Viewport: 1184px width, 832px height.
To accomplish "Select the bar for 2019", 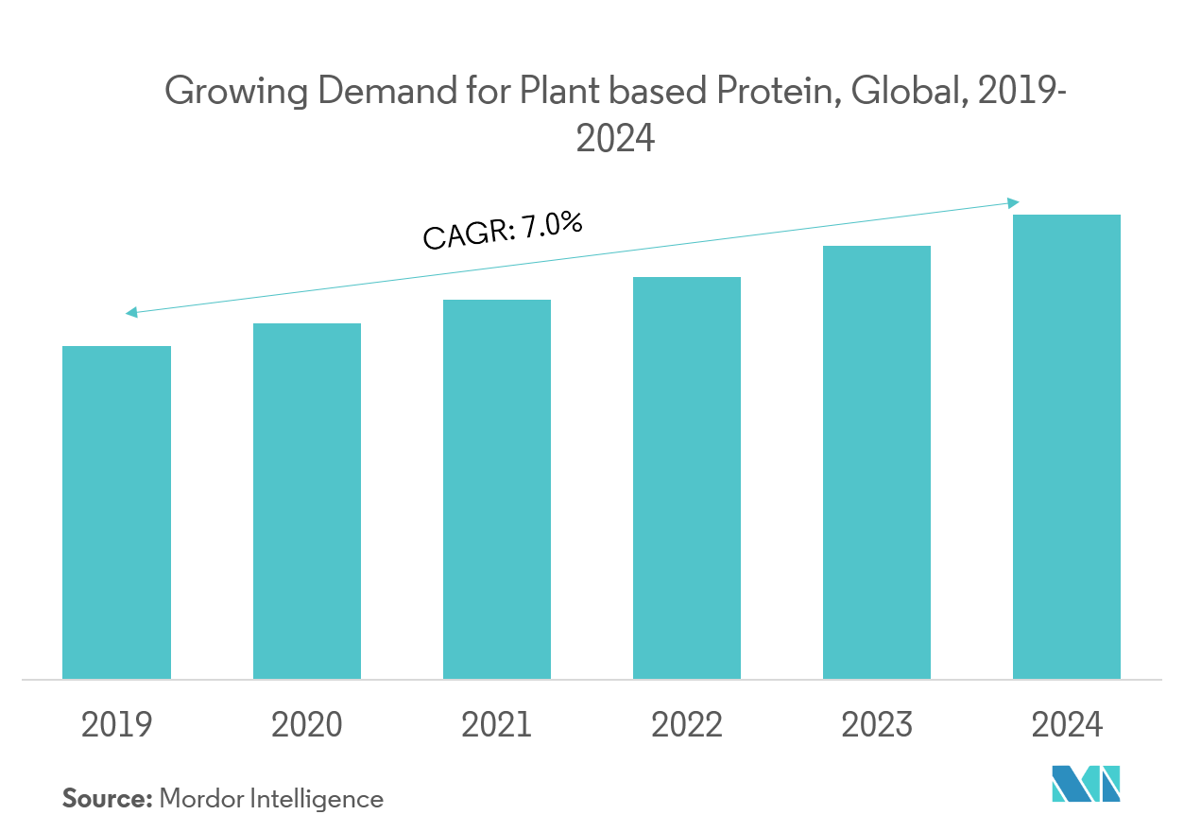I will pos(116,511).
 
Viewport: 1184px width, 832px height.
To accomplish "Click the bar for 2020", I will pos(306,500).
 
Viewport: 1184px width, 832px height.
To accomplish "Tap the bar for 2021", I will pos(497,492).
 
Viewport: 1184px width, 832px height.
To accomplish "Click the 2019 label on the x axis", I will pos(116,725).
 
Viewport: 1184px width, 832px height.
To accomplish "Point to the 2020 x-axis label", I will pos(306,725).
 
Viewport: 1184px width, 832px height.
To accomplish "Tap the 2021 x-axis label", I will pos(497,725).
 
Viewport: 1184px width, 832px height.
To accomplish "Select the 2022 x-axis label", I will pos(687,725).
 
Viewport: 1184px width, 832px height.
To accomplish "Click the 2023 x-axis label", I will pos(877,725).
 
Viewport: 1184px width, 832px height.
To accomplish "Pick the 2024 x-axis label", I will pos(1067,725).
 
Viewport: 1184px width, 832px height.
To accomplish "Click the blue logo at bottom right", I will pos(1087,785).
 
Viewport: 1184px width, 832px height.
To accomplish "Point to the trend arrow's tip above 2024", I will pos(1019,201).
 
